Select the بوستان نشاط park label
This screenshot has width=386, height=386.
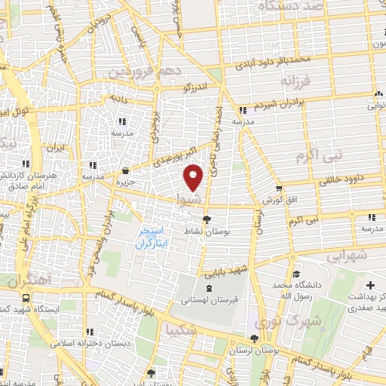coord(207,231)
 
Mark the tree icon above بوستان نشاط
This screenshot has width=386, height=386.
coord(207,219)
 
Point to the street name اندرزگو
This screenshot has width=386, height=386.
coord(198,89)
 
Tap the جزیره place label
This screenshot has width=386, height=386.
coord(125,182)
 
